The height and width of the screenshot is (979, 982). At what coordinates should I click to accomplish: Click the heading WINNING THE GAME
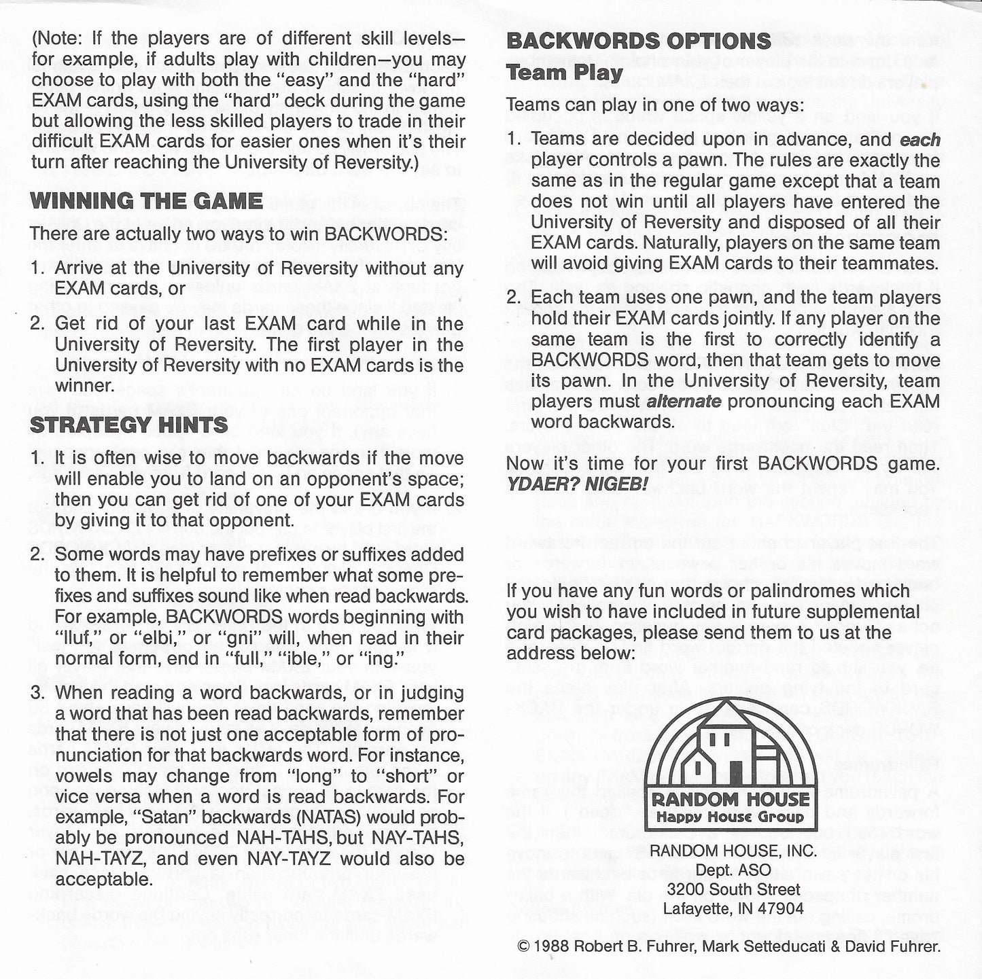147,201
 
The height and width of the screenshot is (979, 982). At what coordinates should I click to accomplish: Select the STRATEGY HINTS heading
129,425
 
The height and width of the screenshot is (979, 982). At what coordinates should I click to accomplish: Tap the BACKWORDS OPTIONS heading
639,41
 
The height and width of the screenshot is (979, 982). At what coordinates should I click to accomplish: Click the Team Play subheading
565,73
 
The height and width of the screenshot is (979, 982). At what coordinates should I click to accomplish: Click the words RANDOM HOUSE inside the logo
731,800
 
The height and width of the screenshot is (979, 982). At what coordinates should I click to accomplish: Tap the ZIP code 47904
781,908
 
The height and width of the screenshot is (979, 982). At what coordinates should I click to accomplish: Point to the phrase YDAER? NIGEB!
578,485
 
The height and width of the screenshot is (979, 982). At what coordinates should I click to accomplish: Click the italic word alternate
684,401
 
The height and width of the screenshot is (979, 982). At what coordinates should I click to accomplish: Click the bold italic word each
920,140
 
